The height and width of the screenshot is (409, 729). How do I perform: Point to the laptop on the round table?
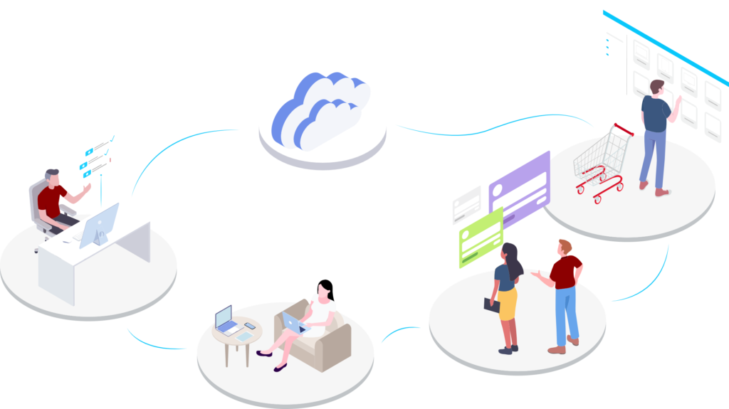[x=226, y=321]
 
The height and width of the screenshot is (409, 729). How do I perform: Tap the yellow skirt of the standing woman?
[x=507, y=304]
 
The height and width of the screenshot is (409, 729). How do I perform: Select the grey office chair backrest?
[x=37, y=201]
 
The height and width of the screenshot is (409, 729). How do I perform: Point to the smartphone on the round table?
[x=250, y=326]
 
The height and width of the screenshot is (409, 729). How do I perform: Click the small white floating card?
[x=466, y=204]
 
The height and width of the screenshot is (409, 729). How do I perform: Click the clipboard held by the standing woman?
[x=492, y=304]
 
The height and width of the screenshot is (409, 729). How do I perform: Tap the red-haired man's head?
[x=565, y=246]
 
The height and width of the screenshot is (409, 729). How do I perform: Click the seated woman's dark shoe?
[x=280, y=367]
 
